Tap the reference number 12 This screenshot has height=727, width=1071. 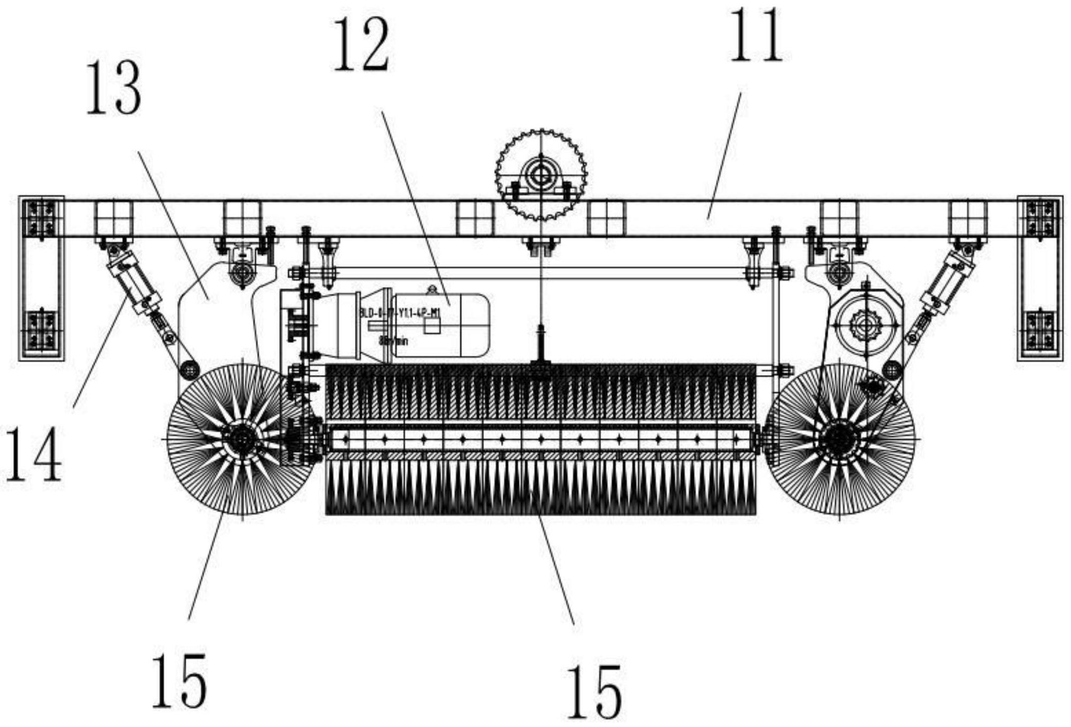(361, 47)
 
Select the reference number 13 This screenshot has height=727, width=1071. (114, 88)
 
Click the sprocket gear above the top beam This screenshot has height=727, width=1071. (541, 174)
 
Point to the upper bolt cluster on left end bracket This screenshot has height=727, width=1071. (42, 218)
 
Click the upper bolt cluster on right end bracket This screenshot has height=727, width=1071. (1040, 218)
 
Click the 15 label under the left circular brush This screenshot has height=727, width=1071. (179, 681)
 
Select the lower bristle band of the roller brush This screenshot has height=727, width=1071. (541, 487)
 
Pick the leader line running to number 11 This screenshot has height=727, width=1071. (724, 155)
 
